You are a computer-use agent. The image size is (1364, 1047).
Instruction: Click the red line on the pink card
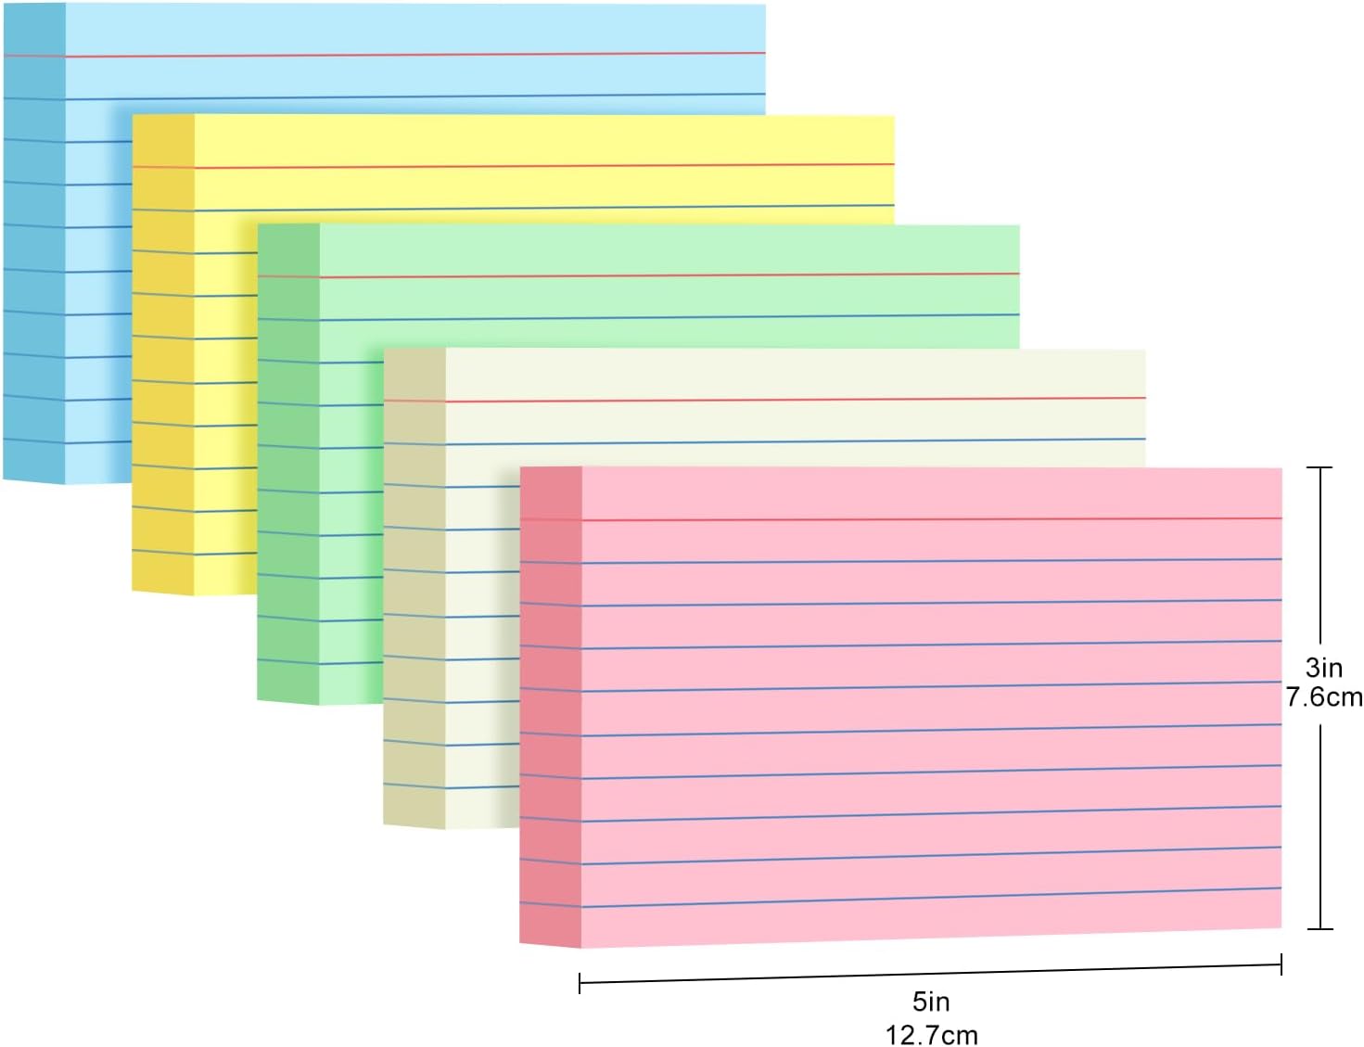pos(927,518)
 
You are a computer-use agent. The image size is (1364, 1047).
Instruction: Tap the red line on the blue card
pos(417,55)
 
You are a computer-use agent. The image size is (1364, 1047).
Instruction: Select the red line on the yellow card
pos(538,165)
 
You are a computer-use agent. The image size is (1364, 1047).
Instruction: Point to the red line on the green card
pos(668,275)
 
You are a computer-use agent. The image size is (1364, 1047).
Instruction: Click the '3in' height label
pos(1323,667)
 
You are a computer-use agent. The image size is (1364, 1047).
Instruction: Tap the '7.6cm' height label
pos(1324,696)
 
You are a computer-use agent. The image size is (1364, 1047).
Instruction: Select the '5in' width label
pos(931,1002)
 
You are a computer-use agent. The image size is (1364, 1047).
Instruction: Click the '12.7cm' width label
pos(931,1034)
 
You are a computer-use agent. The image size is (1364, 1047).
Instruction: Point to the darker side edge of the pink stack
pos(550,705)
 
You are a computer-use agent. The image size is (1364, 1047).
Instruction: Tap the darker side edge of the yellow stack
pos(163,352)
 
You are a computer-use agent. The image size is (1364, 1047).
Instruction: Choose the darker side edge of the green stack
pos(288,464)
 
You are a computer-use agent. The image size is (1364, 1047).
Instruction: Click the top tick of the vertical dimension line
pos(1319,467)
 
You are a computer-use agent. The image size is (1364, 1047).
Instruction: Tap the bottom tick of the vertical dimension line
pos(1319,927)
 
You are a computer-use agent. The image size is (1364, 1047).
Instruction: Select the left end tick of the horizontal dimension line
pos(580,983)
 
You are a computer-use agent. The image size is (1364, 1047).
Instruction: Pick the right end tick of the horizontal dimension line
pos(1281,964)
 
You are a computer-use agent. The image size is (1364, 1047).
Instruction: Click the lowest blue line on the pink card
pos(927,896)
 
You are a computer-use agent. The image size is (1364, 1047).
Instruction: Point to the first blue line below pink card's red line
pos(927,560)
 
